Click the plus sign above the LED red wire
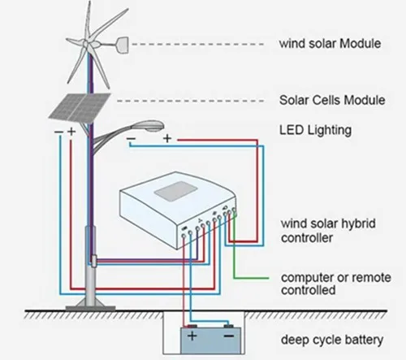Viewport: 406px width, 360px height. (167, 139)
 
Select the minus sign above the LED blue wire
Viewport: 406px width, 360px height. (132, 139)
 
